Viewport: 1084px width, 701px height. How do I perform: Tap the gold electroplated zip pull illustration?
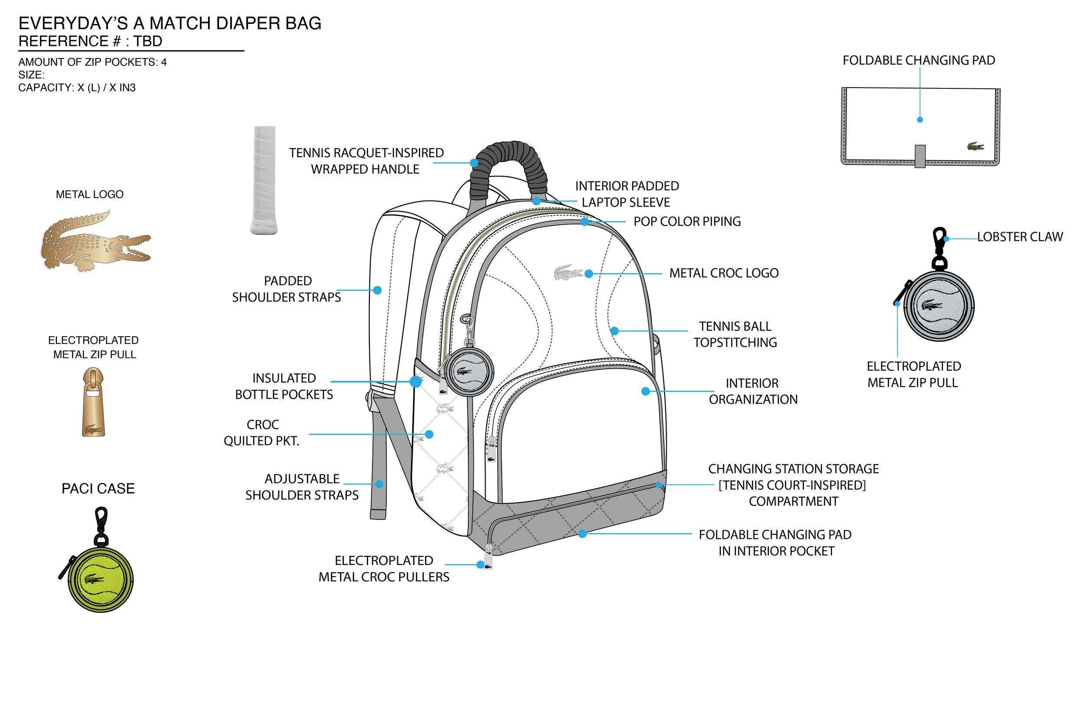click(93, 402)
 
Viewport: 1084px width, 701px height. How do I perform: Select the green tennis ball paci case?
click(101, 579)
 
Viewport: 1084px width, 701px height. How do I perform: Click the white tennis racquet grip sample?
click(264, 180)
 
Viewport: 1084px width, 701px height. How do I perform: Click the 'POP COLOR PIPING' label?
click(687, 222)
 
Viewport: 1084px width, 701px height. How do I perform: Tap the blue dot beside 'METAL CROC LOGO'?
click(589, 273)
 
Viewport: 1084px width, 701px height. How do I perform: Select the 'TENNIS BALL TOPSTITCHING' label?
click(735, 334)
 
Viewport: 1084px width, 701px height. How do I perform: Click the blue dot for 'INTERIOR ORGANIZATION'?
click(645, 391)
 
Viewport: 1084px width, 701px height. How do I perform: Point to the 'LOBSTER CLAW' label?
click(1020, 237)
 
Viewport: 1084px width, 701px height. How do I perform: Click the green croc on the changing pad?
click(975, 146)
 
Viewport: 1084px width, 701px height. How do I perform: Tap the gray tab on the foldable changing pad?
click(920, 156)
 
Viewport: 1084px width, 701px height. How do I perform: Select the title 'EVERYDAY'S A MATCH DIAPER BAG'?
click(170, 23)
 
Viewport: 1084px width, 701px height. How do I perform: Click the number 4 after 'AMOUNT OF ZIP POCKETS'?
click(164, 62)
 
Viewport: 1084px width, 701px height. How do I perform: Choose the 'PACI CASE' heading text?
click(98, 488)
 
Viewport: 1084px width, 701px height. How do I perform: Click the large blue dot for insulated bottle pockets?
click(415, 381)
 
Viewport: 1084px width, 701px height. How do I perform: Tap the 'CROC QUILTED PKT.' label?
click(262, 432)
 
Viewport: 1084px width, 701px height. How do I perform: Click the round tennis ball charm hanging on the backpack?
click(469, 371)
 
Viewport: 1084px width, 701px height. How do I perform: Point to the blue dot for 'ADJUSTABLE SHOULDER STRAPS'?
click(379, 484)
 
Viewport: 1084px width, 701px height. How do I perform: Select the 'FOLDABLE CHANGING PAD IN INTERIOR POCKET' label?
click(775, 542)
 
